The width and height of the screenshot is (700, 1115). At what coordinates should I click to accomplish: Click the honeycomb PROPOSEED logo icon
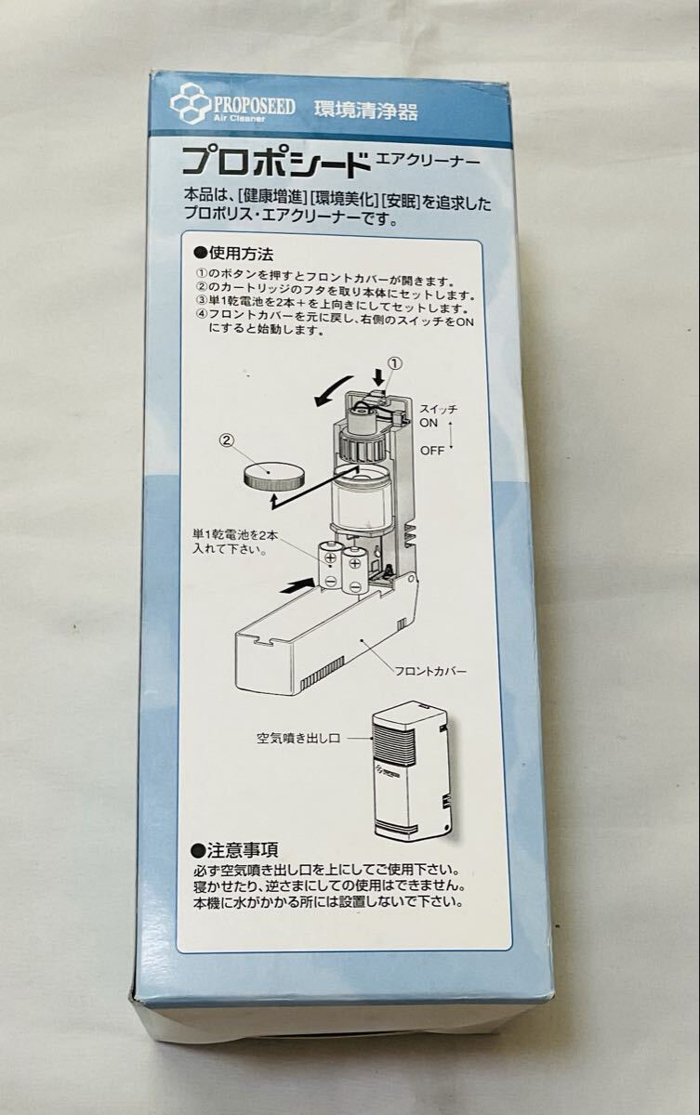click(191, 103)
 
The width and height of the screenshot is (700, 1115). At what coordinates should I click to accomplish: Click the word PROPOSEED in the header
click(255, 106)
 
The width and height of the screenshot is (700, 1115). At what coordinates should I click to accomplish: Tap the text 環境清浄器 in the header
click(365, 111)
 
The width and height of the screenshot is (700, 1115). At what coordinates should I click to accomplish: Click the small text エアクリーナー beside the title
click(428, 160)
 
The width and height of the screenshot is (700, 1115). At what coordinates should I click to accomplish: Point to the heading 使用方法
click(233, 255)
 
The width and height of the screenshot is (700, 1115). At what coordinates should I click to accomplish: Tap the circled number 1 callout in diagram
click(394, 364)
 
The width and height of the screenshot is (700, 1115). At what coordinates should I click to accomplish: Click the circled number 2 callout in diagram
click(227, 440)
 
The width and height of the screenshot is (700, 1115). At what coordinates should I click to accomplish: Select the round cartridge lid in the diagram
click(274, 476)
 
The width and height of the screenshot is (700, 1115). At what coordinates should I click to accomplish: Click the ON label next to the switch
click(429, 424)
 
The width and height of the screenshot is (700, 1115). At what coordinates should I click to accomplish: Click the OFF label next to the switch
click(431, 451)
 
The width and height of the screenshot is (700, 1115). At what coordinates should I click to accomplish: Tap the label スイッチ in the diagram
click(438, 410)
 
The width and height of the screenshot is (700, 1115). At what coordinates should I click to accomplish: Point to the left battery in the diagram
click(330, 566)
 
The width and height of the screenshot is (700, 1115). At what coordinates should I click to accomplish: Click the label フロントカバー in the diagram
click(430, 672)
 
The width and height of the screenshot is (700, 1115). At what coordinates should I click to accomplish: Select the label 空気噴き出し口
click(298, 738)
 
